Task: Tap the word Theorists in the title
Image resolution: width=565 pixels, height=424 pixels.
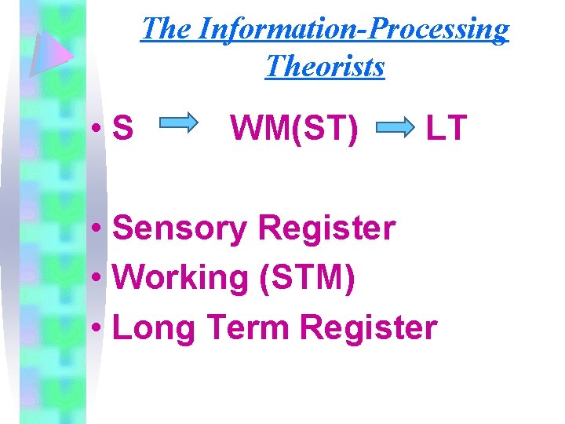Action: pos(325,66)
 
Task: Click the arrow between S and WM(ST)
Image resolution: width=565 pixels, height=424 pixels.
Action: pos(180,124)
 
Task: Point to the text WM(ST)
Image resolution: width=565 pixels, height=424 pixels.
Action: pos(293,127)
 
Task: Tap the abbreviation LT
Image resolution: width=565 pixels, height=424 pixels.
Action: pos(446,127)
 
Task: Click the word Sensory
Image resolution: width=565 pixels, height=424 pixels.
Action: pos(180,229)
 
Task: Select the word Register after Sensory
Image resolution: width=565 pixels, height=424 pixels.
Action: pos(326,229)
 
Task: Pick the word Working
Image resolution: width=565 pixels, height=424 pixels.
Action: pos(180,278)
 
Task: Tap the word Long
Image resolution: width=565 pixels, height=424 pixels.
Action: pos(154,328)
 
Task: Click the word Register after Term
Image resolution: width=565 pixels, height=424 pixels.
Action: pos(369,327)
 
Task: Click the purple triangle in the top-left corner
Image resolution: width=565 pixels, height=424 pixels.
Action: pos(49,52)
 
